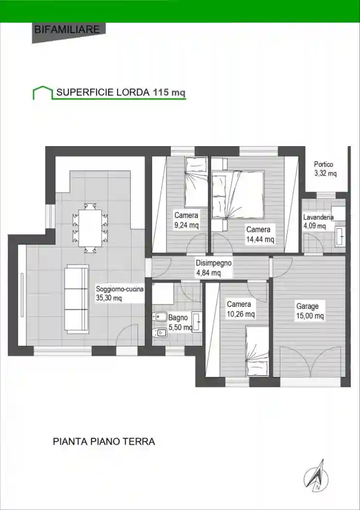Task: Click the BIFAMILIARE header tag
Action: tap(67, 30)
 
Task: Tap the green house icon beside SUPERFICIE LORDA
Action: tap(42, 92)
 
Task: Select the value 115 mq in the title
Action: tap(169, 92)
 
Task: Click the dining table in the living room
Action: tap(90, 227)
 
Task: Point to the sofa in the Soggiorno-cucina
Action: tap(77, 299)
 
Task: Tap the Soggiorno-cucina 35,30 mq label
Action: tap(120, 294)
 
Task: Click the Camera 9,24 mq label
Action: tap(186, 220)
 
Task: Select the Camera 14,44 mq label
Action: tap(260, 234)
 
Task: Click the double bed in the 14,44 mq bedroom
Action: tap(238, 194)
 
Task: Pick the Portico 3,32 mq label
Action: tap(324, 169)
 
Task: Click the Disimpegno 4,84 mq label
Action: tap(213, 268)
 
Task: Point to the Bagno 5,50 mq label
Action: tap(178, 323)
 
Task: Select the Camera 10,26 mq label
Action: tap(240, 309)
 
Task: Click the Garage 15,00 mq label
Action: tap(310, 311)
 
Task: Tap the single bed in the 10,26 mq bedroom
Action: tap(257, 344)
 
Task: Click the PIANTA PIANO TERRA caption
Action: tap(103, 442)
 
